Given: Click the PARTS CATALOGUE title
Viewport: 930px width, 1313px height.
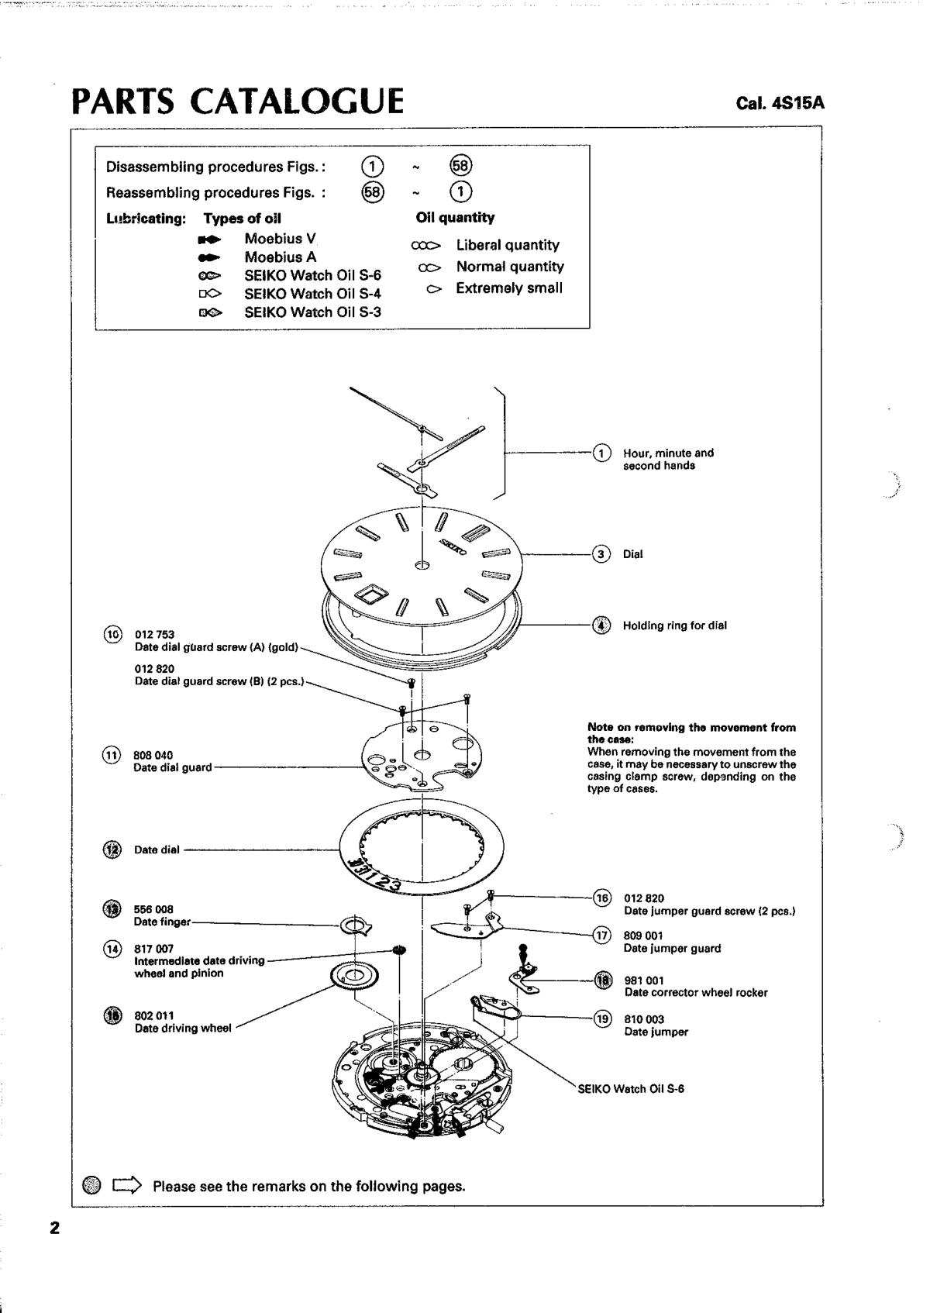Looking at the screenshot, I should (238, 102).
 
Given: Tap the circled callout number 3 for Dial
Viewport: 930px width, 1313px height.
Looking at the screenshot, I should (601, 553).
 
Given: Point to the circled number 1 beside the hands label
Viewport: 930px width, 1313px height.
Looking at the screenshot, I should (601, 453).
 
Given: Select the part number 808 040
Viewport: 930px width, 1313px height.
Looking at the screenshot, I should (153, 755).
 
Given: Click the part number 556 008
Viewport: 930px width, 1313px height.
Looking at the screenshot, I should (153, 909).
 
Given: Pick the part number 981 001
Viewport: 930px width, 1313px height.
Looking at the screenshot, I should (643, 980).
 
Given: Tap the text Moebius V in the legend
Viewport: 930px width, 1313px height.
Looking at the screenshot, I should (280, 239).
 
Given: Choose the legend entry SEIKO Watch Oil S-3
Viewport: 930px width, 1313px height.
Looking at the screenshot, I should (312, 312).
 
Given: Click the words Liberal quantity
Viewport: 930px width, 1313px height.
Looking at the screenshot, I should (508, 245).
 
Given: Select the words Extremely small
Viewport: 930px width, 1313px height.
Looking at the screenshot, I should (509, 288).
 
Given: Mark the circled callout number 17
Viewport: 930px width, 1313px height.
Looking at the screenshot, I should (602, 936).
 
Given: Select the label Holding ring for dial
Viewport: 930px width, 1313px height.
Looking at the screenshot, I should (674, 625).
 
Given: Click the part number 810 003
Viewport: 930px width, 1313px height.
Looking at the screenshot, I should (644, 1019).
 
